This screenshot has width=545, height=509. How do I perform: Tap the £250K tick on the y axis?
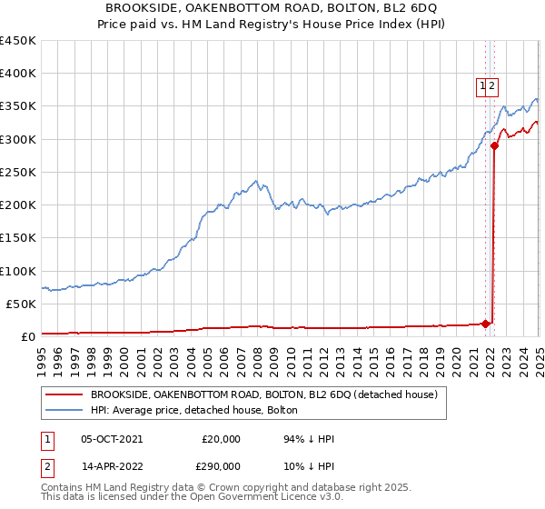(x=18, y=172)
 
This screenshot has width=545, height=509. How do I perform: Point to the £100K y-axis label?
(x=18, y=271)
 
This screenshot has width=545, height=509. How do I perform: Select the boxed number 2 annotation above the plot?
(x=491, y=87)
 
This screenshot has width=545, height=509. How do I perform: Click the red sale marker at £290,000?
(x=495, y=145)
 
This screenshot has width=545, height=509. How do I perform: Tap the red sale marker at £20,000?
(x=486, y=323)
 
